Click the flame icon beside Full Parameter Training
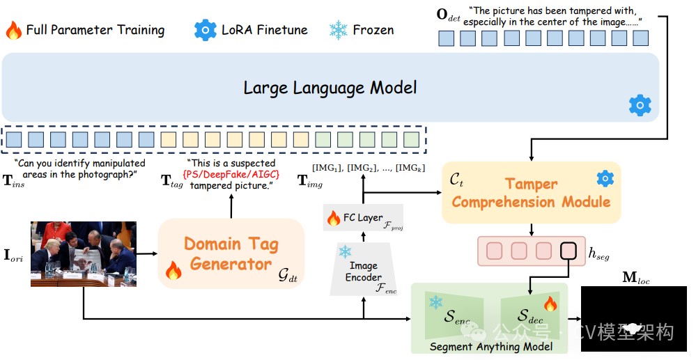click(x=14, y=30)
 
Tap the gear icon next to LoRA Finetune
click(x=206, y=30)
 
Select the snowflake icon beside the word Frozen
click(x=339, y=30)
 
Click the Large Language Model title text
click(x=330, y=88)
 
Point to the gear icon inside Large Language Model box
click(x=639, y=105)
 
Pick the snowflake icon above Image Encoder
click(x=345, y=251)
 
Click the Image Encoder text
click(x=364, y=272)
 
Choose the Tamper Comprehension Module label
click(x=531, y=193)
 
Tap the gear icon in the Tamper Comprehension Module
click(x=605, y=179)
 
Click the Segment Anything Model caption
click(x=491, y=347)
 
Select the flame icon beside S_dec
click(x=550, y=304)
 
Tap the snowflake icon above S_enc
click(x=436, y=302)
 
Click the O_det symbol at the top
click(x=449, y=15)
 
